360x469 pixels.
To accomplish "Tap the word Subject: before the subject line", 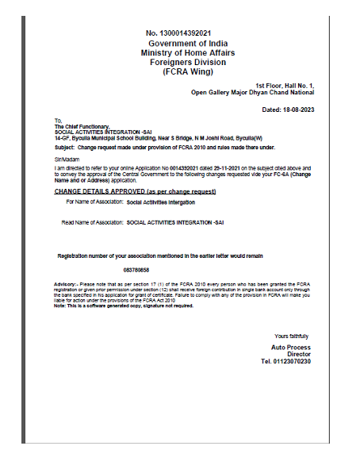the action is [63, 147].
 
